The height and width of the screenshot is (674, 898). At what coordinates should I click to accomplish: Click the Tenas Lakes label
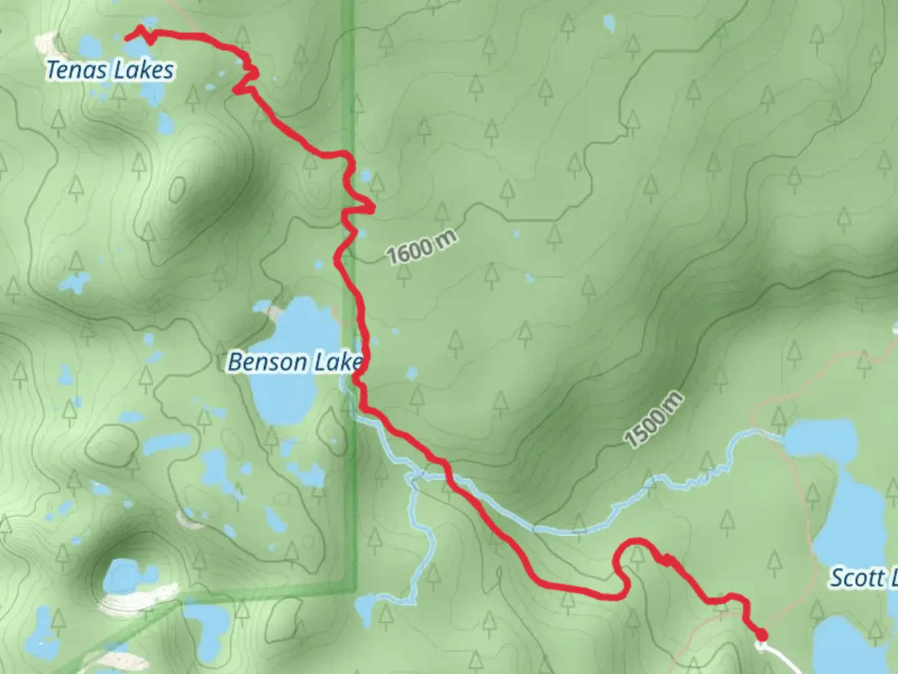tap(110, 69)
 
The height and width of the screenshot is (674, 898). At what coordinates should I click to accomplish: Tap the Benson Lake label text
tap(294, 362)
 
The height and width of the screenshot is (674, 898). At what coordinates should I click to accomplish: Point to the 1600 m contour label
tap(422, 247)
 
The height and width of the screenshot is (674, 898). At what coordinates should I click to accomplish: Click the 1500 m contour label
tap(654, 420)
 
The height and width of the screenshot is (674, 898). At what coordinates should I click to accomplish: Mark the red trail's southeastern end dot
tap(761, 635)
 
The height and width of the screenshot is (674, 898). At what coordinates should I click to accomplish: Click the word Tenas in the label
tap(69, 69)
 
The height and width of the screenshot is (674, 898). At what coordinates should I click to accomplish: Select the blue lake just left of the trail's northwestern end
tap(90, 46)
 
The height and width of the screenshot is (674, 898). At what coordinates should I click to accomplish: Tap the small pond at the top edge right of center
tap(609, 24)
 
